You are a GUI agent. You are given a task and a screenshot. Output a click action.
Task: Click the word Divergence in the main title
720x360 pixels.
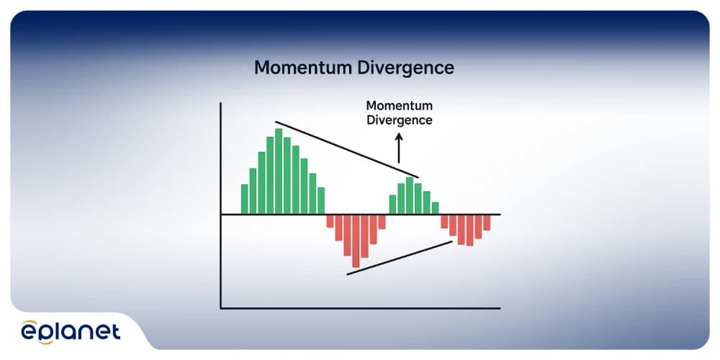click(x=403, y=68)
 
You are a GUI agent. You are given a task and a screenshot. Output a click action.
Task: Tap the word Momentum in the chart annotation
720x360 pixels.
click(x=399, y=106)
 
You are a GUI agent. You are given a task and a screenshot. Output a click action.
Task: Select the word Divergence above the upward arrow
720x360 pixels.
click(x=399, y=120)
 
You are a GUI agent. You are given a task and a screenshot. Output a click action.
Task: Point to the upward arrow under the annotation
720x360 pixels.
click(x=399, y=148)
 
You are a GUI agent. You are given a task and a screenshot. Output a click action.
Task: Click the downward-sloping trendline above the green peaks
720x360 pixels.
click(x=347, y=149)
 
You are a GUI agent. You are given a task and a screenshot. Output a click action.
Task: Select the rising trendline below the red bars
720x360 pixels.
click(x=400, y=258)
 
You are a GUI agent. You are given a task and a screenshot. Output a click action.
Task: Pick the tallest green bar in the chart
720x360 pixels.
click(x=279, y=171)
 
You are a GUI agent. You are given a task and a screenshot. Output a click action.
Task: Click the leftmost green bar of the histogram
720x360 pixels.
click(x=245, y=199)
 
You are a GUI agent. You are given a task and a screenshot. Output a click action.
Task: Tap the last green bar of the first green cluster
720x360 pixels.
click(x=321, y=201)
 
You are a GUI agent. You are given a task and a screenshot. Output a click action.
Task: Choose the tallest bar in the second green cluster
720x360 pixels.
click(x=410, y=196)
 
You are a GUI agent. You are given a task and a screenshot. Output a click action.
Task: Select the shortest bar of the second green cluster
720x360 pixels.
click(x=435, y=208)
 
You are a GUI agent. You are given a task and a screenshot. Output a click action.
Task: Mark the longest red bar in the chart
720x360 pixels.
click(x=356, y=241)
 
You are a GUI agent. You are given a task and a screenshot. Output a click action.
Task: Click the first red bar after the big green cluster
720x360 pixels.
click(x=330, y=221)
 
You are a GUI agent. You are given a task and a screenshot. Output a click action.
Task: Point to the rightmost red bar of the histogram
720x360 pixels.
click(x=487, y=222)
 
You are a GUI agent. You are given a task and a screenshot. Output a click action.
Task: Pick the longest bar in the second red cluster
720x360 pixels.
click(x=469, y=230)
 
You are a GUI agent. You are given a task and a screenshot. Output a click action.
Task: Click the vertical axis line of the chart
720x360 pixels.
click(x=221, y=205)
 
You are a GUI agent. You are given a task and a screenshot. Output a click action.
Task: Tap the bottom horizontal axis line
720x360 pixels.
click(x=361, y=308)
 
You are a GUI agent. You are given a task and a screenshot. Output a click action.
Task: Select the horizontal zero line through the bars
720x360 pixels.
click(x=361, y=215)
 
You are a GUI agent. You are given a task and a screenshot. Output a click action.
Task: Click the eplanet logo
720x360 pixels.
click(x=71, y=331)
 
